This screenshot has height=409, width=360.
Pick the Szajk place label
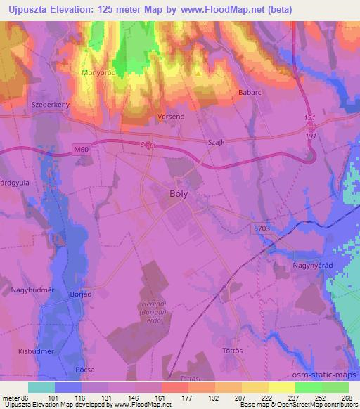pyautogui.click(x=216, y=141)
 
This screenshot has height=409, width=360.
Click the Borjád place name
pyautogui.click(x=82, y=294)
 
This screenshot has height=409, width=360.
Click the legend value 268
pyautogui.click(x=347, y=398)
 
